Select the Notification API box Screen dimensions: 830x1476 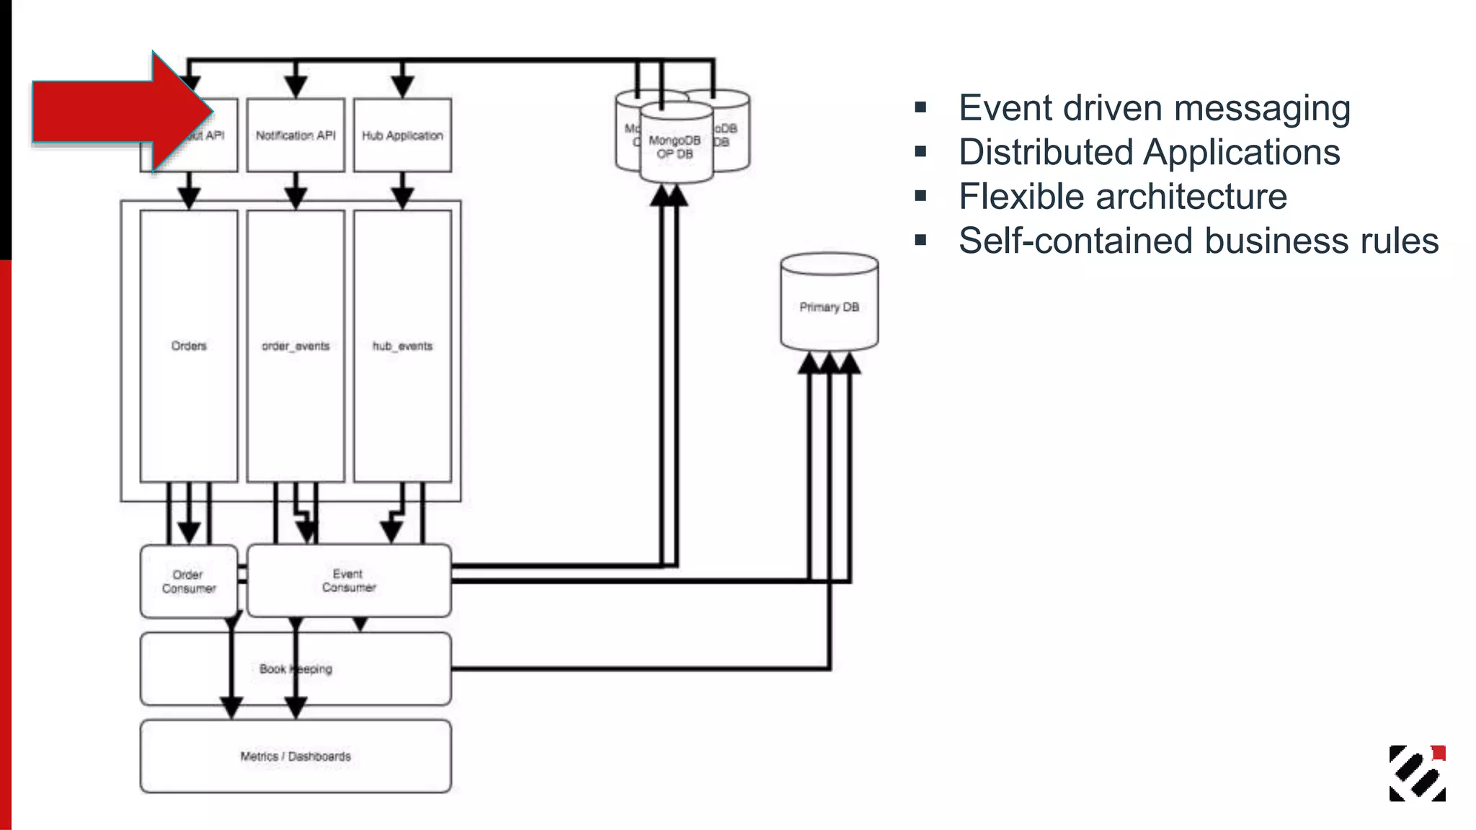295,135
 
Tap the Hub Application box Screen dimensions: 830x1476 402,135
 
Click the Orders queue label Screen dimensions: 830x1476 189,346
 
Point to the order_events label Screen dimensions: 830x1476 295,346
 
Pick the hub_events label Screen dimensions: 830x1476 402,346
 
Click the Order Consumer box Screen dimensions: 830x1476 189,581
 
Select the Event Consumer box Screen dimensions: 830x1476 349,581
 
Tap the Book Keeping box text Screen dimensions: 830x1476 295,669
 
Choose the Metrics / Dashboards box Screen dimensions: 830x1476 295,757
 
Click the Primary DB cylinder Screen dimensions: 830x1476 829,307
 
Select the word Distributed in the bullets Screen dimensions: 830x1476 1045,153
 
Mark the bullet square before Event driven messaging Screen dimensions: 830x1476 920,108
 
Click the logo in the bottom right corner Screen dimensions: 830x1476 1417,773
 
